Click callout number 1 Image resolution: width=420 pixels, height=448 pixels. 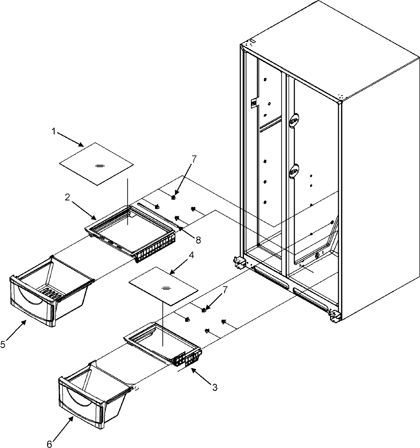pos(54,131)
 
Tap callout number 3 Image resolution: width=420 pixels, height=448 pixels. pos(215,387)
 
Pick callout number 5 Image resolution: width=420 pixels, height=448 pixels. pos(3,344)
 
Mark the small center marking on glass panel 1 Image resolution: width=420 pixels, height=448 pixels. pos(99,165)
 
